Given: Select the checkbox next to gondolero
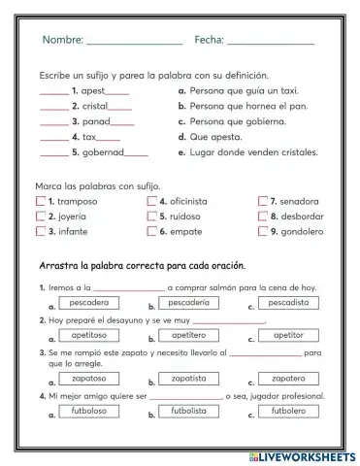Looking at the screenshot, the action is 263,232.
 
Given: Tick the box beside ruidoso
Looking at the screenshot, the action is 152,216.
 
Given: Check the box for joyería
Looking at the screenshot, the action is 40,216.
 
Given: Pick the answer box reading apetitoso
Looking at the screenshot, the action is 88,334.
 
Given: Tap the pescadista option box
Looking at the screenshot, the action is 288,303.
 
